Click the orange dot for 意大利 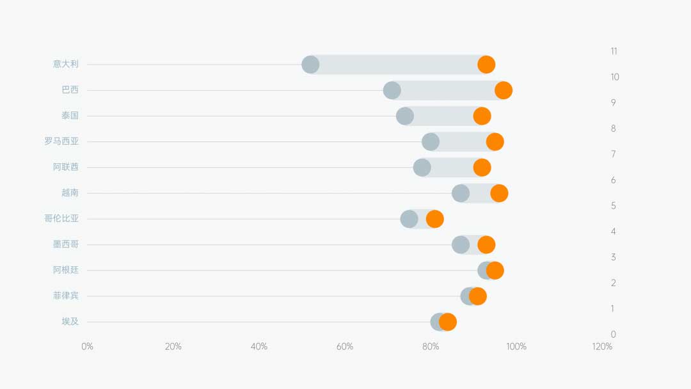(x=486, y=65)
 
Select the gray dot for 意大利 (x=310, y=65)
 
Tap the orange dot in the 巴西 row (x=504, y=90)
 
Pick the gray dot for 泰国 (x=405, y=116)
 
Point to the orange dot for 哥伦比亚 (x=435, y=219)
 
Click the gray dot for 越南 (x=461, y=193)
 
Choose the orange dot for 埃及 (x=448, y=322)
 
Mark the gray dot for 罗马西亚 (x=431, y=142)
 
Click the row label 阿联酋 (x=66, y=167)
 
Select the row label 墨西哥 (x=66, y=244)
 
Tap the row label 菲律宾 (x=66, y=296)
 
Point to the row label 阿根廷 (x=66, y=270)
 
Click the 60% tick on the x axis (x=345, y=347)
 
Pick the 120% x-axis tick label (x=602, y=347)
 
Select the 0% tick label (x=87, y=347)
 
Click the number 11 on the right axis (x=614, y=51)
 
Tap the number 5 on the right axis (x=614, y=206)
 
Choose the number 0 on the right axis (x=614, y=335)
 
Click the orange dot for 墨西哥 (x=486, y=244)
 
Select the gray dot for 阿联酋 (x=422, y=168)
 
